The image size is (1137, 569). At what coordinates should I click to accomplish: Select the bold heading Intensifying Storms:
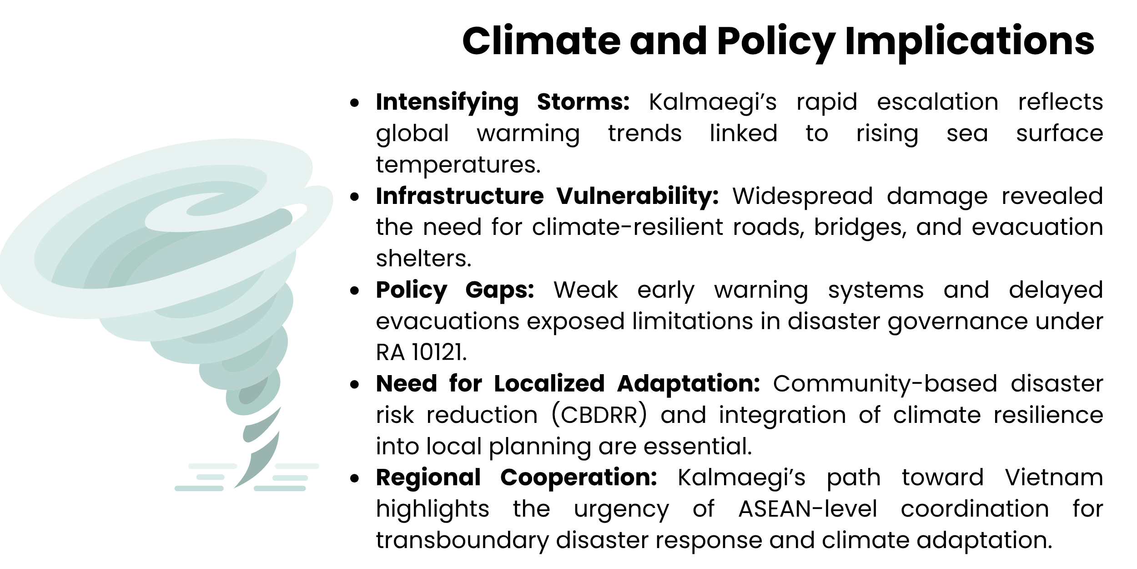(x=503, y=102)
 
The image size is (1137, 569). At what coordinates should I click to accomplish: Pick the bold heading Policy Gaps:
(x=455, y=290)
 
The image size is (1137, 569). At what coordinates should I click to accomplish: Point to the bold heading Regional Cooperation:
(x=516, y=478)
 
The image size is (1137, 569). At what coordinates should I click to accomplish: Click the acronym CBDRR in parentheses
(x=599, y=415)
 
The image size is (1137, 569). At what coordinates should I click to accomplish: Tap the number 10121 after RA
(x=438, y=352)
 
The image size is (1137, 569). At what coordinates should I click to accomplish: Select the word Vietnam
(x=1054, y=478)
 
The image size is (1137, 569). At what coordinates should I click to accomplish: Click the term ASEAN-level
(x=807, y=509)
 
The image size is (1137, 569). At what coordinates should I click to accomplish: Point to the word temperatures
(x=458, y=165)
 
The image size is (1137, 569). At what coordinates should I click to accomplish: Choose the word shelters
(x=423, y=259)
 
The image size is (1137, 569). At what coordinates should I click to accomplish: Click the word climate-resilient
(x=627, y=227)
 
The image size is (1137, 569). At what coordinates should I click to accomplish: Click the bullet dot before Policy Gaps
(x=355, y=291)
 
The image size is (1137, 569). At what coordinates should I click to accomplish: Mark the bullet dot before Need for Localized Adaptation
(x=355, y=385)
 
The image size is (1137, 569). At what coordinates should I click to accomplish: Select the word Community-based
(x=885, y=384)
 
